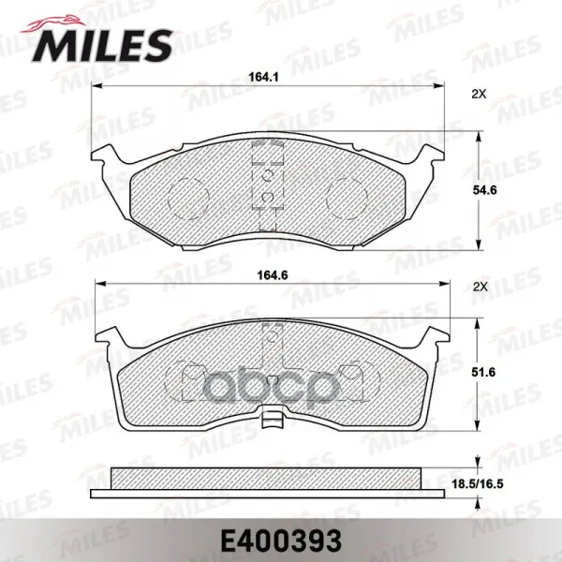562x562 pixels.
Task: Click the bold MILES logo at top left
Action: (x=102, y=46)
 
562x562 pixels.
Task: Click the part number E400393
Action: (x=281, y=541)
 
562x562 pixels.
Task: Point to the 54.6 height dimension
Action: (x=484, y=190)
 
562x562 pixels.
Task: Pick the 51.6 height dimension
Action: (x=484, y=373)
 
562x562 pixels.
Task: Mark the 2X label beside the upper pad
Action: (x=479, y=95)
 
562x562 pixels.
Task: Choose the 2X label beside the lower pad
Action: (x=481, y=287)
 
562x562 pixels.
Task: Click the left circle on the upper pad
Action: (x=188, y=198)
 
